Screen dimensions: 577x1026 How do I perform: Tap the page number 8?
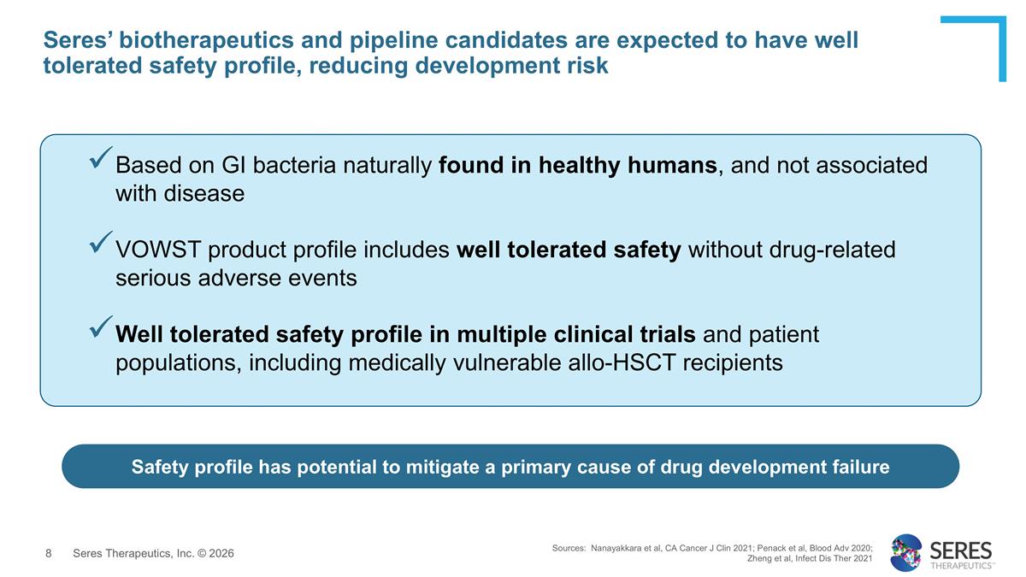pyautogui.click(x=49, y=554)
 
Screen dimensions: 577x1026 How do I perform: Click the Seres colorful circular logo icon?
pyautogui.click(x=905, y=552)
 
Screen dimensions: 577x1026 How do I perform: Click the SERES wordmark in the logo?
pyautogui.click(x=960, y=549)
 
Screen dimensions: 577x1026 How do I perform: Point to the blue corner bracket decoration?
pyautogui.click(x=983, y=34)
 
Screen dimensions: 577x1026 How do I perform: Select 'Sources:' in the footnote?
pyautogui.click(x=569, y=547)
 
